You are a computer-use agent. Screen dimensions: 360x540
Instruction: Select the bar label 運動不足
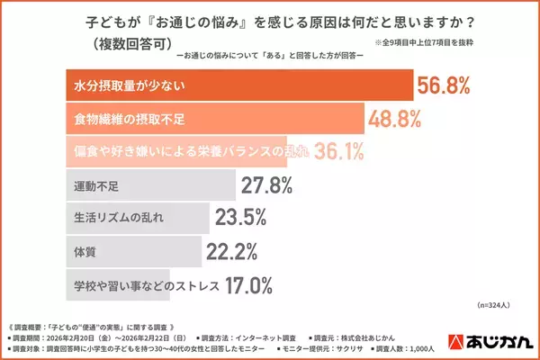95,186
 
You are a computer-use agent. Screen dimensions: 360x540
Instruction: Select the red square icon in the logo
456,342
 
